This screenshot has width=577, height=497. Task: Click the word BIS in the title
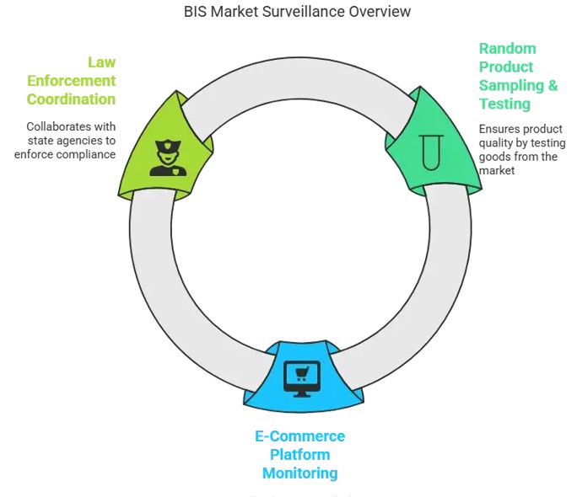(196, 12)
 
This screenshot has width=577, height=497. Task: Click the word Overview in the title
(380, 12)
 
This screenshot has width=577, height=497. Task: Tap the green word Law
(101, 62)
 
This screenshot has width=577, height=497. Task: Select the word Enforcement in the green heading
(71, 81)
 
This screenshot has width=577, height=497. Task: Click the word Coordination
(71, 99)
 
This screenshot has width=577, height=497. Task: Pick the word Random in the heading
(507, 48)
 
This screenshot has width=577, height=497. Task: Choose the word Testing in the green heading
(504, 104)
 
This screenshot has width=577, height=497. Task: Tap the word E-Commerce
(299, 436)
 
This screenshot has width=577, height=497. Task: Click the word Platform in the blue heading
(299, 455)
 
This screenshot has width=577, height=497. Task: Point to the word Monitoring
(299, 473)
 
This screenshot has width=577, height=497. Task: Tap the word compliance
(85, 154)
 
